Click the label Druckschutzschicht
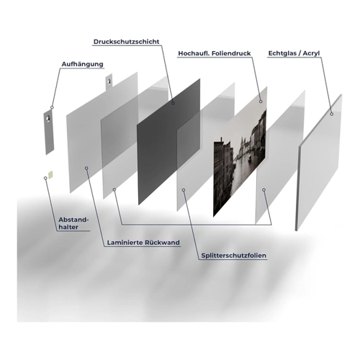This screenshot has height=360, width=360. pos(126,42)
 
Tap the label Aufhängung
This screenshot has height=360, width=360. pos(82,64)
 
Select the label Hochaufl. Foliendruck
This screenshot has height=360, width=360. pos(215,53)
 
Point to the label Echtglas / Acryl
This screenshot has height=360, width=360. pos(294,53)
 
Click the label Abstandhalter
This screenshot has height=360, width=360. pos(73,223)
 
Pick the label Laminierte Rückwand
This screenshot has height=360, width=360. pos(143,243)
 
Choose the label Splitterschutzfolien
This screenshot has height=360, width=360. pos(234,256)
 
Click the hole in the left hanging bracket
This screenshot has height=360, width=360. pos(48,119)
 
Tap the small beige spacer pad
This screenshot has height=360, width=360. pos(50,175)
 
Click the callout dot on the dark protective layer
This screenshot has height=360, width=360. pos(173,103)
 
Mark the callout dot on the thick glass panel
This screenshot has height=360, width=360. pos(331,114)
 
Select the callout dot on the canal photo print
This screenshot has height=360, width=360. pos(261,102)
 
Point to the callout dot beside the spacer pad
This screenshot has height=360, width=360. pos(45,178)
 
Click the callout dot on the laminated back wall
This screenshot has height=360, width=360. pos(86,168)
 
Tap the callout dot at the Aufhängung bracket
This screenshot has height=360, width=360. pos(52,107)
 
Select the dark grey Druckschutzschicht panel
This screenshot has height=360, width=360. pos(168,142)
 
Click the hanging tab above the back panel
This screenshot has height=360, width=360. pos(109,81)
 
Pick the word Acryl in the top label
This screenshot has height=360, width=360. pos(311,53)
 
